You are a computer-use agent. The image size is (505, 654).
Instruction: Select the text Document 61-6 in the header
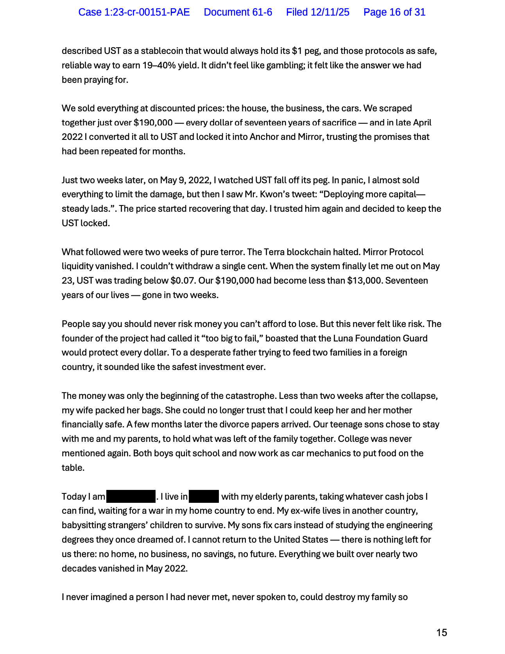pyautogui.click(x=238, y=12)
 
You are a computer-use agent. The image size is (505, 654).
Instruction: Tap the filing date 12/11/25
pyautogui.click(x=330, y=12)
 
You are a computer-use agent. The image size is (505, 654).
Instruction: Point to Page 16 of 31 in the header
pyautogui.click(x=394, y=12)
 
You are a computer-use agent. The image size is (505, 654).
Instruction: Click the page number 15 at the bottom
pyautogui.click(x=441, y=633)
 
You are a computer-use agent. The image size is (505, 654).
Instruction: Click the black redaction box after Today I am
pyautogui.click(x=131, y=497)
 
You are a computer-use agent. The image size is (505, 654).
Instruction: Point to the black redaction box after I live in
pyautogui.click(x=204, y=497)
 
